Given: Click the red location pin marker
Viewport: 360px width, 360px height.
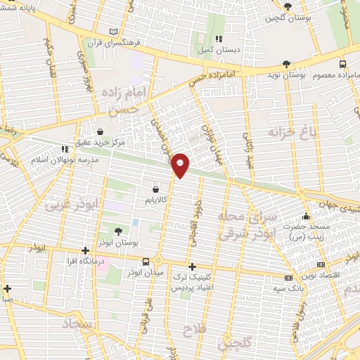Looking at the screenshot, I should click(x=181, y=165).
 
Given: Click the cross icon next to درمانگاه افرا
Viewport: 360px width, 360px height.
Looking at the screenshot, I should click(x=85, y=250).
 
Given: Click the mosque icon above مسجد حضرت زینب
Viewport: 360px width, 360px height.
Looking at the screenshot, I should click(x=306, y=216).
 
